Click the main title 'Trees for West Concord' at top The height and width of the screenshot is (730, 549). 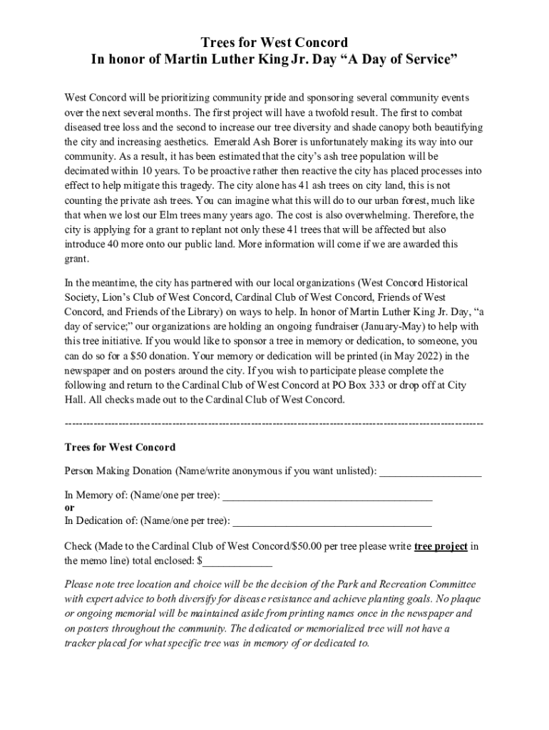point(274,42)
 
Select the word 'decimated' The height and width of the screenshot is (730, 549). point(88,170)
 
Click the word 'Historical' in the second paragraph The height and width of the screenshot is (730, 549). point(443,282)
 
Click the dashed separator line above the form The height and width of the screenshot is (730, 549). point(274,424)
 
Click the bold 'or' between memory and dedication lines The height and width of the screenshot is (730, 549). point(69,508)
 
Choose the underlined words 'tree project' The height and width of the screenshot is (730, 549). point(441,547)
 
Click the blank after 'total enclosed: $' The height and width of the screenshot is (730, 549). point(237,561)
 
